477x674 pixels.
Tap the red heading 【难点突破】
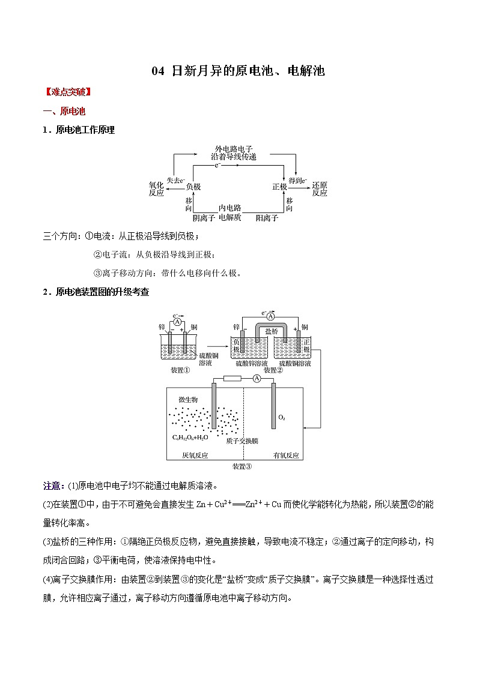click(67, 92)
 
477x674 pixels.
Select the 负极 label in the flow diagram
click(193, 187)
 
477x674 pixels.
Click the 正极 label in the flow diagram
click(279, 187)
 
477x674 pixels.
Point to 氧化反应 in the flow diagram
click(156, 189)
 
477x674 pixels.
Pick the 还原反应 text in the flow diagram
click(320, 189)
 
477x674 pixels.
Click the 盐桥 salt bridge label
click(272, 331)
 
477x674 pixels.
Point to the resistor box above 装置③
click(231, 379)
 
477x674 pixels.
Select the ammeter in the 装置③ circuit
click(257, 378)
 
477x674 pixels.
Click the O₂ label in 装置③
click(282, 417)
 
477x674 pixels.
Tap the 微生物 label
click(188, 399)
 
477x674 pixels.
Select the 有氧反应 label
click(286, 456)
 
